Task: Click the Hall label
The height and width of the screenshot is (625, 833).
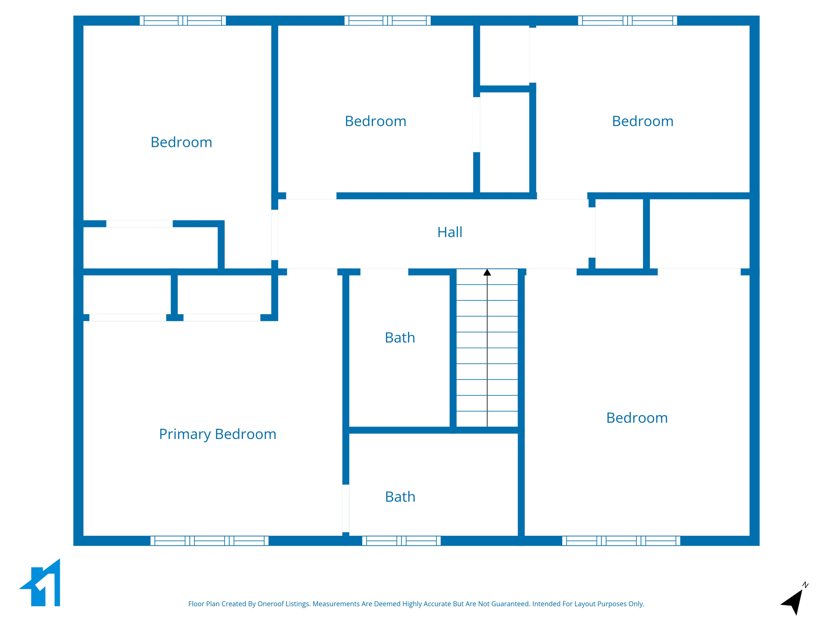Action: [x=449, y=232]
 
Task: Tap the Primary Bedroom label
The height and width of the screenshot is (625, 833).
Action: [x=218, y=434]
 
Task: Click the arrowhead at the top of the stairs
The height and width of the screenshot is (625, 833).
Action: [x=487, y=272]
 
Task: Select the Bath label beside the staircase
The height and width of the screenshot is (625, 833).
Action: [x=400, y=338]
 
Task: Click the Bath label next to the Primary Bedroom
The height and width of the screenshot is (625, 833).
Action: [x=400, y=497]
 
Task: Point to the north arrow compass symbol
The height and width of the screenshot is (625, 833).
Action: [x=794, y=601]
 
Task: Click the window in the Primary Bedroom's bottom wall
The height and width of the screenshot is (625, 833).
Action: [x=209, y=541]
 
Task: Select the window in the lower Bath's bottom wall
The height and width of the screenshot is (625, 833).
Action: [x=401, y=541]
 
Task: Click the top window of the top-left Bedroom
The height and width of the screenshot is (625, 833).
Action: [x=183, y=21]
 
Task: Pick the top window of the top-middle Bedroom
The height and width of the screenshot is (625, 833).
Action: [x=387, y=21]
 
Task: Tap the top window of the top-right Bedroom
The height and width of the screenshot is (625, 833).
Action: [x=627, y=21]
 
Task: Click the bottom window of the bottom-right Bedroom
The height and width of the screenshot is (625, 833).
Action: [x=621, y=541]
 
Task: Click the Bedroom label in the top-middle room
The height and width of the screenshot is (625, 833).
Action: [x=375, y=121]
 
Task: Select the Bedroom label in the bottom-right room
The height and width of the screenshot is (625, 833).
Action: [x=637, y=418]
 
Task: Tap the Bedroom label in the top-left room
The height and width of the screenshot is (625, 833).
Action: [x=181, y=142]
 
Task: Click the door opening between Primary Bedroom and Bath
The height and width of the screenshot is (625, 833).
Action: [x=346, y=508]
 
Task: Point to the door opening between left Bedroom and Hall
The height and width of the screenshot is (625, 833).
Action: [x=275, y=235]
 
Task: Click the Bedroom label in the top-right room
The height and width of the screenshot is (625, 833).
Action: [x=643, y=121]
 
